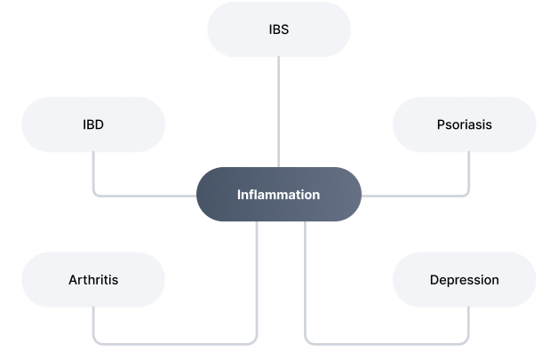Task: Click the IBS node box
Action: coord(278,29)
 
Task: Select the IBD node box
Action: coord(92,124)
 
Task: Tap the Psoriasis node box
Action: coord(464,124)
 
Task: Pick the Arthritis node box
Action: coord(92,279)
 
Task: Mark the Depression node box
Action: coord(464,279)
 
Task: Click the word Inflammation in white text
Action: coord(278,195)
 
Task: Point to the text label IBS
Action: coord(278,29)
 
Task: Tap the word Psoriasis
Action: coord(464,124)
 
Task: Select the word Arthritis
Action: coord(92,279)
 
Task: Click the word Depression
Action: coord(464,279)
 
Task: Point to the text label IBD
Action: coord(92,124)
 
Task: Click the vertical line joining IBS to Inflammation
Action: coord(278,111)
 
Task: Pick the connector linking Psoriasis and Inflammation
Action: coord(418,195)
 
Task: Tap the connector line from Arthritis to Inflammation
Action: coord(178,342)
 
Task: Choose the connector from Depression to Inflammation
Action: coord(382,342)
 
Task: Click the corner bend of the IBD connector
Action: coord(94,194)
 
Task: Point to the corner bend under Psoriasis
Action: coord(467,194)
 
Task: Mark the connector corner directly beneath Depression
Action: coord(467,341)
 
